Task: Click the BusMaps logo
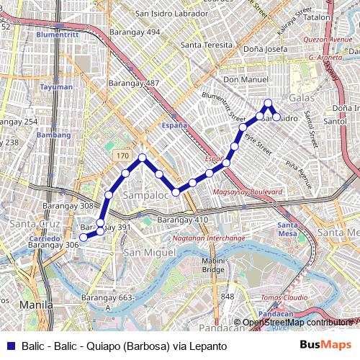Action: pos(326,345)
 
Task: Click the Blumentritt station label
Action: pos(58,34)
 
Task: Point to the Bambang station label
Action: pos(54,135)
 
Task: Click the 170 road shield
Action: pos(122,155)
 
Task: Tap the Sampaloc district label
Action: pos(145,195)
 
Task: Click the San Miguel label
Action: pos(150,253)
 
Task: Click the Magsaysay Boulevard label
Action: pos(247,192)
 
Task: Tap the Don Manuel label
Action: pos(246,79)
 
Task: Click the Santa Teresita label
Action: pos(207,45)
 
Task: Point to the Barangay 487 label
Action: pos(133,83)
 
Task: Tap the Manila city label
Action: pos(36,305)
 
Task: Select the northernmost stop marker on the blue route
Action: pos(268,103)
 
